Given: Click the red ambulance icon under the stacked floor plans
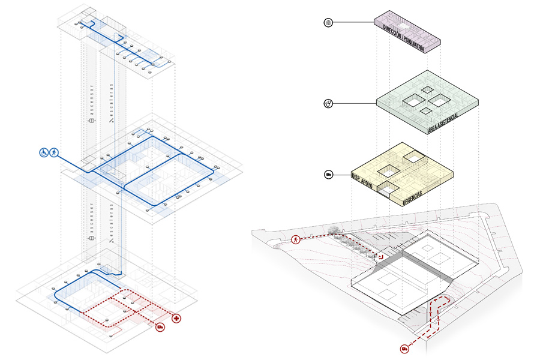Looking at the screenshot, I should click(x=160, y=328).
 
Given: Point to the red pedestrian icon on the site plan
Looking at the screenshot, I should click(x=296, y=239).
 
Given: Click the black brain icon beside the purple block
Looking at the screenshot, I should click(x=328, y=23).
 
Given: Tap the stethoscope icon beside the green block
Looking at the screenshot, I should click(x=328, y=103).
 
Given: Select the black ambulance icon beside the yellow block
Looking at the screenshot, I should click(x=328, y=175).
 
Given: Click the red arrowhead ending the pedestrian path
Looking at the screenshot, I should click(x=381, y=257).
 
